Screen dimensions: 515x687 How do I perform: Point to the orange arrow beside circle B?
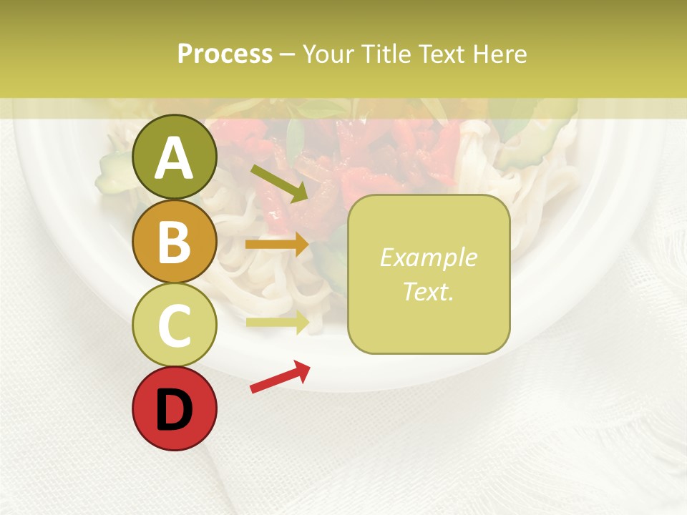(x=277, y=245)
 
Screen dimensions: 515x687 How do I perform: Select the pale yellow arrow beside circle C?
(x=277, y=323)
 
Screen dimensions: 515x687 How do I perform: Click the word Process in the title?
(x=225, y=54)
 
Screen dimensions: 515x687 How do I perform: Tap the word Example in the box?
(x=428, y=257)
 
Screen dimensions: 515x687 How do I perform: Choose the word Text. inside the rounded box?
(x=428, y=291)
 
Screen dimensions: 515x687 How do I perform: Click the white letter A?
(x=174, y=159)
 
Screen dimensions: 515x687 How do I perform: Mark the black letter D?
(x=174, y=410)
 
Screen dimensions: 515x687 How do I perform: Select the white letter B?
(x=174, y=242)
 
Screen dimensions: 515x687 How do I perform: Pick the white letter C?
(x=174, y=325)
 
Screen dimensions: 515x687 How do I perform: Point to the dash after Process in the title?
(x=288, y=55)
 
